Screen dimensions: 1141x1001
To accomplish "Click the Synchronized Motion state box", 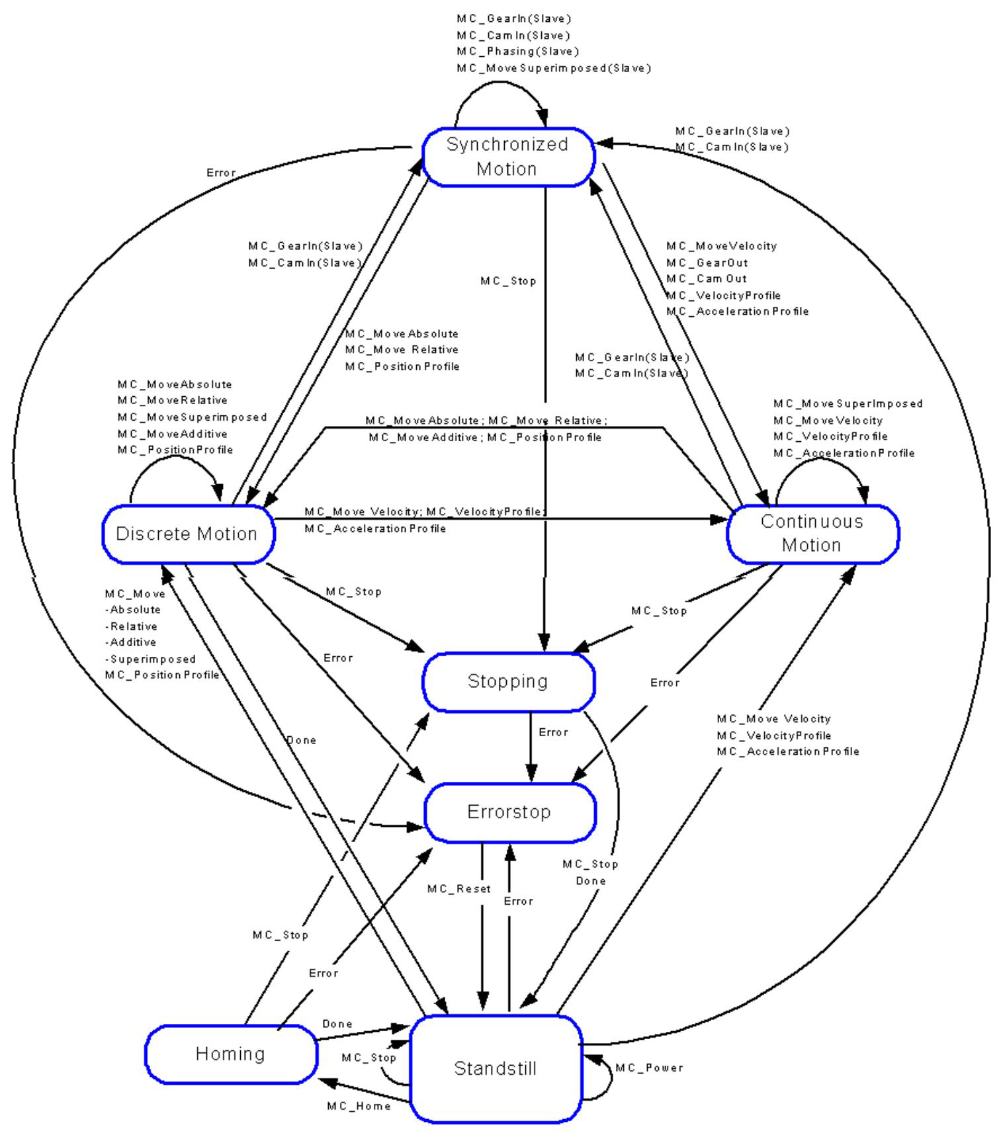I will [x=507, y=157].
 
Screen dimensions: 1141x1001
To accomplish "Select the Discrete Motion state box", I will [x=188, y=534].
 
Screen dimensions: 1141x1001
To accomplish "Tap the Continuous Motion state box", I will [x=812, y=534].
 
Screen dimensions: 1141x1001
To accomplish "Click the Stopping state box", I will [x=507, y=681].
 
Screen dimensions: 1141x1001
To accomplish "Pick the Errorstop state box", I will [x=509, y=812].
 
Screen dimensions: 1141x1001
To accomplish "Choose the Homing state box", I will [x=230, y=1054].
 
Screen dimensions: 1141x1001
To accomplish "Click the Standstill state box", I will [x=495, y=1068].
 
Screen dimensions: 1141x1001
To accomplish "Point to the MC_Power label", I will [x=649, y=1068].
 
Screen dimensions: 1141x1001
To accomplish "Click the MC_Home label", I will [x=359, y=1106].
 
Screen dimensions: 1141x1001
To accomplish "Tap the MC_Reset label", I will [x=458, y=889].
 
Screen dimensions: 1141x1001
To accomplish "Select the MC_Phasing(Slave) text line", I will [x=517, y=52].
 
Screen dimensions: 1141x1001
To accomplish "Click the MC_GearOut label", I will [x=707, y=263].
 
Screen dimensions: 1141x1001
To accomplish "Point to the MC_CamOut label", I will [x=707, y=279].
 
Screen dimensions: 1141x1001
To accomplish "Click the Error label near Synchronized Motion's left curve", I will [x=220, y=173].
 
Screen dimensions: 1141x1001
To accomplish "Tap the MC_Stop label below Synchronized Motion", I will [x=508, y=281].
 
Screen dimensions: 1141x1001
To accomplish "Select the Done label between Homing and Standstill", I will [x=337, y=1024].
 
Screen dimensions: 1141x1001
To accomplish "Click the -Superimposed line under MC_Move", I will [x=151, y=659].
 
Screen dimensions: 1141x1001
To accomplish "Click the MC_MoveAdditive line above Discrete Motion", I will [x=172, y=434].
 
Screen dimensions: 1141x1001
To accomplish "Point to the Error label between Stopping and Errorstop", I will [x=553, y=732].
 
